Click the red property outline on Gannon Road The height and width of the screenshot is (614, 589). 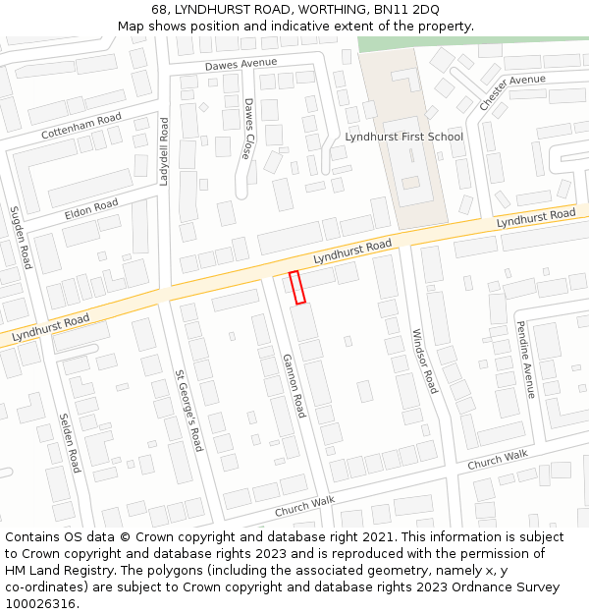tap(297, 287)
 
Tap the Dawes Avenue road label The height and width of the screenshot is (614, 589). tap(241, 64)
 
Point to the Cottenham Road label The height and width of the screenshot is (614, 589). tap(81, 126)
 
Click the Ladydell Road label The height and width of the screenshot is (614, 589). tap(165, 152)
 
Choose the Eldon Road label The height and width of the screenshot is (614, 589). tap(91, 209)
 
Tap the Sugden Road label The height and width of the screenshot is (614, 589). tap(21, 238)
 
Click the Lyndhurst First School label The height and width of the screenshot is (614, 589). tap(403, 137)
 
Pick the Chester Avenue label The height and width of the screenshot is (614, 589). tap(512, 91)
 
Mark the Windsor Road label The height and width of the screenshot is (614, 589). tap(424, 361)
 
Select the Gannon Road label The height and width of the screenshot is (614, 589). tap(294, 385)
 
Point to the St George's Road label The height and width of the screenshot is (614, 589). tap(188, 410)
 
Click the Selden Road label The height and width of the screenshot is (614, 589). tap(69, 441)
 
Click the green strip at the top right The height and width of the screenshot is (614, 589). tap(471, 43)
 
